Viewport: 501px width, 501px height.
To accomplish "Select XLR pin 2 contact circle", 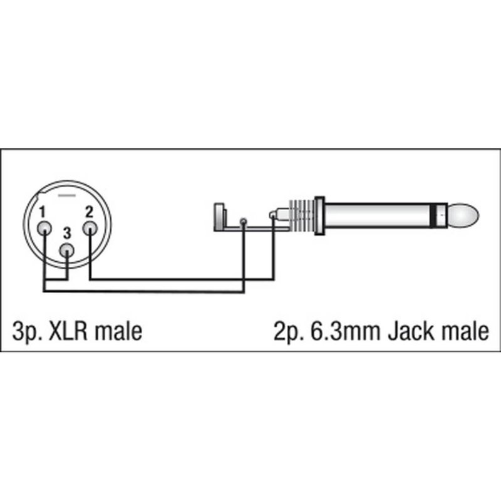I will coord(90,229).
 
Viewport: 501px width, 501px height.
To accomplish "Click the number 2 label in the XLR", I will coord(89,210).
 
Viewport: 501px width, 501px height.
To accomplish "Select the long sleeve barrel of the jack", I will coord(382,217).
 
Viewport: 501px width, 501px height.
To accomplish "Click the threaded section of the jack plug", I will coord(304,217).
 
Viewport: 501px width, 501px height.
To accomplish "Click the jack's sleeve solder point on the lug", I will coord(243,221).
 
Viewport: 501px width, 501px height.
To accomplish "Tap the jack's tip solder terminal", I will coord(272,216).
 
